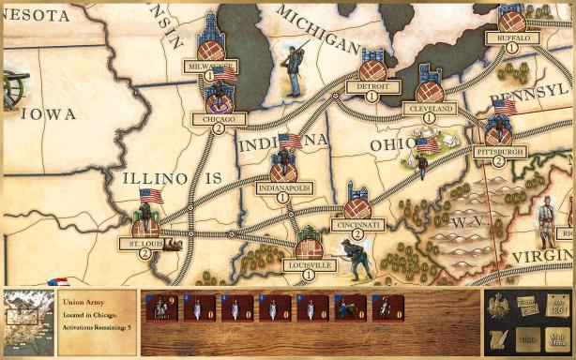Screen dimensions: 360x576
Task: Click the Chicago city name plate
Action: click(219, 119)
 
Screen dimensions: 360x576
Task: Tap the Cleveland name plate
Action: click(432, 109)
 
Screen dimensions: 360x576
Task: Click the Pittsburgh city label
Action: click(499, 150)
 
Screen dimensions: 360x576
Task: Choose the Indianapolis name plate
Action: click(282, 187)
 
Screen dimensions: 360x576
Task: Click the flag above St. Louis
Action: click(150, 196)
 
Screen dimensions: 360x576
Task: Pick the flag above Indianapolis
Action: click(290, 141)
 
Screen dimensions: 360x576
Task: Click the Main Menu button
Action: click(559, 337)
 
